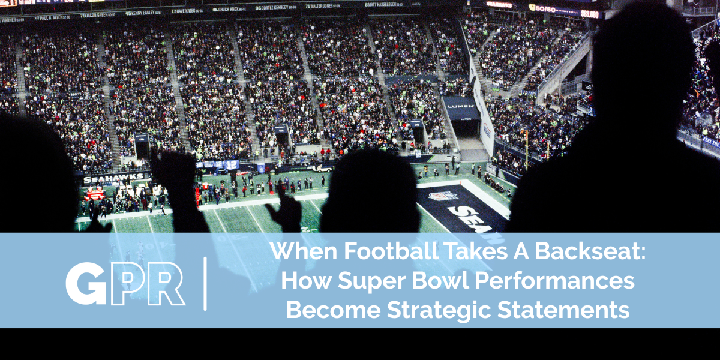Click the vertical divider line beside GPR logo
pos(206,283)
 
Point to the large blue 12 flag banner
pos(231,164)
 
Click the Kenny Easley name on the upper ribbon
pos(143,11)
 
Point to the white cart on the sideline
pos(325,169)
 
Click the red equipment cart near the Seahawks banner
pos(94,193)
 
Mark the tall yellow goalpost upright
pos(526,147)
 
